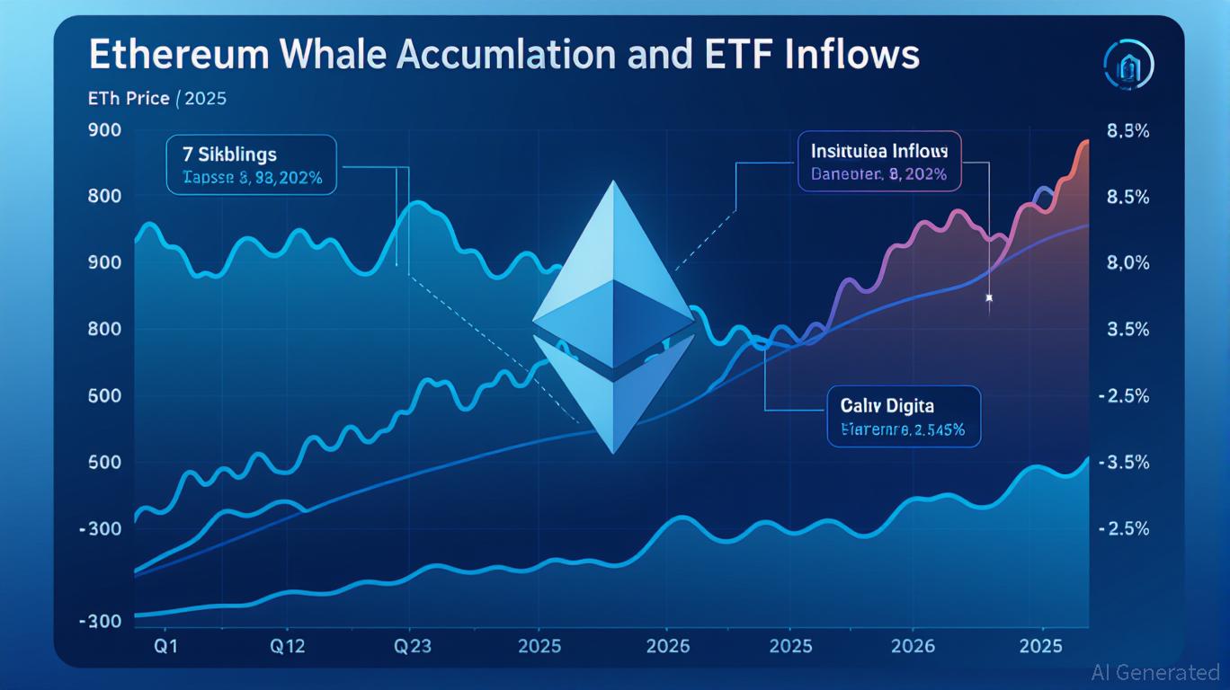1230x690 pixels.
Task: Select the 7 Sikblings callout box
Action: [x=252, y=164]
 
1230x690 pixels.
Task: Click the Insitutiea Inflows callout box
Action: [x=879, y=161]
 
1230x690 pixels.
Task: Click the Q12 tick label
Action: [x=287, y=645]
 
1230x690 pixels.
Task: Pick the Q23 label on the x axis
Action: [x=410, y=645]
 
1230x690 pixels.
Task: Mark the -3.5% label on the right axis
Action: [x=1125, y=463]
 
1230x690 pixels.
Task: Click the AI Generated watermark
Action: [x=1154, y=672]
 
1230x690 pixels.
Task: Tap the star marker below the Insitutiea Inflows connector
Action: [x=989, y=297]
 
